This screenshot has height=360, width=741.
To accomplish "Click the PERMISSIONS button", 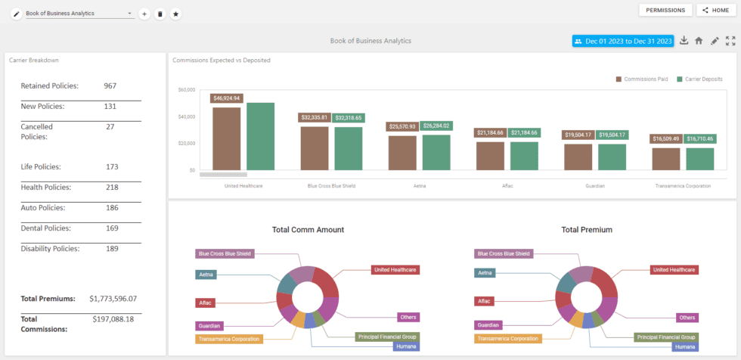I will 665,10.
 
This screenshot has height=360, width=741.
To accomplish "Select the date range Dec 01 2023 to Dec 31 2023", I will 623,41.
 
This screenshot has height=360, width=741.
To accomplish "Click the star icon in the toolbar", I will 175,14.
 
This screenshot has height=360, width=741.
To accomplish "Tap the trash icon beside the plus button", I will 160,14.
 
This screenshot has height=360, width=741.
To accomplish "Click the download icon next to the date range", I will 684,41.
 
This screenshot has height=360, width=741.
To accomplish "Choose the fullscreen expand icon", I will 730,41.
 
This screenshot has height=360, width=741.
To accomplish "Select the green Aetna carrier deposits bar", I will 436,152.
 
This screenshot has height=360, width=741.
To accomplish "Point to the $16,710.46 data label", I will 700,138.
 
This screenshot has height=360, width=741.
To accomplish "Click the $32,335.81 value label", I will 315,118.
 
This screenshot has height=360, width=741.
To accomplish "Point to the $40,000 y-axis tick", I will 186,116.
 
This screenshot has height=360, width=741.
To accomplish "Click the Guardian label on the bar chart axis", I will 594,185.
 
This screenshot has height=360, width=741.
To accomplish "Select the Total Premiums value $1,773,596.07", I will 113,299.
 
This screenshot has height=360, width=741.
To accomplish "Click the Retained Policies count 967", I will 110,86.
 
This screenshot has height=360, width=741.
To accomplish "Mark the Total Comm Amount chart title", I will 308,229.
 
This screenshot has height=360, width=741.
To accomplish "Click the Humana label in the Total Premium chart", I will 684,346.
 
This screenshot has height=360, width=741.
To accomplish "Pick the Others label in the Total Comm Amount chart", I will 408,318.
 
